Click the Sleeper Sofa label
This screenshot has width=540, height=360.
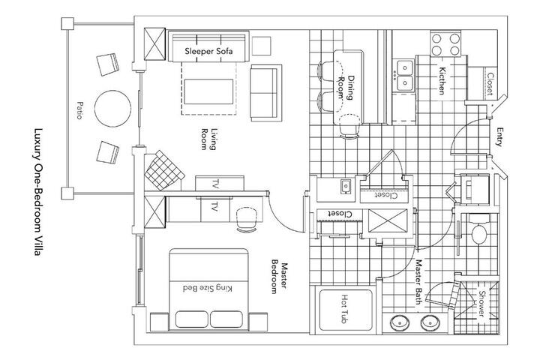pos(208,51)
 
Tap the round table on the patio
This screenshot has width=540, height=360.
pos(112,109)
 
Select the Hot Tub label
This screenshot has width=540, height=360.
pos(345,309)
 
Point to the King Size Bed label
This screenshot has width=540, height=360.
pos(208,288)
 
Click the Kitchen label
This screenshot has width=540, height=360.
pos(442,80)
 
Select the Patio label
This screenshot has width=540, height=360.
pos(79,110)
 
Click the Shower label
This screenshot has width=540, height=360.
pos(481,304)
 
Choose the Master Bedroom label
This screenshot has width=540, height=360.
pos(280,278)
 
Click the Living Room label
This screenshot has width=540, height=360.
pos(208,139)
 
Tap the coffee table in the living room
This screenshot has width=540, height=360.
pos(208,91)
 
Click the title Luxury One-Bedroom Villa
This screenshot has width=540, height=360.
pos(38,192)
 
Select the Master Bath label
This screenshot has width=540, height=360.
pos(418,282)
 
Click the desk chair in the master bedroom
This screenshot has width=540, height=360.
pos(247,220)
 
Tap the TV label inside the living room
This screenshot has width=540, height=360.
pos(216,184)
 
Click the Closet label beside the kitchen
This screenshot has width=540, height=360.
pos(490,84)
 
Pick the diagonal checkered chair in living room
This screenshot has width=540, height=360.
pos(163,170)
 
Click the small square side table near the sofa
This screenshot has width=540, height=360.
pos(262,46)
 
